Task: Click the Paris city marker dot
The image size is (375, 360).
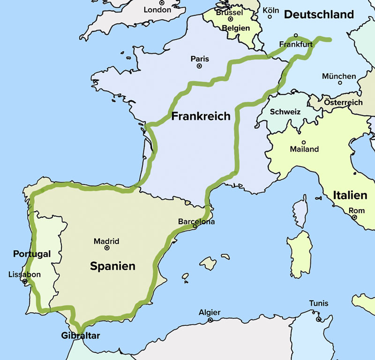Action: pos(199,67)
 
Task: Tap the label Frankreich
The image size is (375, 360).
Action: pos(201,116)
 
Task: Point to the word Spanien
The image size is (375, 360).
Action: pos(112,266)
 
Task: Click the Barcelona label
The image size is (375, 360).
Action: pos(196,222)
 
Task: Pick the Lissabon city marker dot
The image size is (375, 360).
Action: pos(25,282)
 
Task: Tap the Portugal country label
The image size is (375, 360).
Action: pos(31,254)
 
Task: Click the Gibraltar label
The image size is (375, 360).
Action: pos(81,336)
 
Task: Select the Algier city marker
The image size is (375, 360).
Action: pos(210,320)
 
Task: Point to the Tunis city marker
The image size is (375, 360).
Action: pos(318,320)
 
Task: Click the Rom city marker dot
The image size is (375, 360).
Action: pos(354,218)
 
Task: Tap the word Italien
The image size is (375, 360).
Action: pos(350,195)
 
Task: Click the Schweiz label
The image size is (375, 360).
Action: pos(285,112)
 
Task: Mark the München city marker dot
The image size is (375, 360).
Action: pos(340,83)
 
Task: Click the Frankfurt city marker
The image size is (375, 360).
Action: pos(296,36)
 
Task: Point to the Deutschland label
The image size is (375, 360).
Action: pos(319,15)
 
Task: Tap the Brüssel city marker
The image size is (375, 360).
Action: pos(231,19)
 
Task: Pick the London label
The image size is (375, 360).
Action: pos(158,10)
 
